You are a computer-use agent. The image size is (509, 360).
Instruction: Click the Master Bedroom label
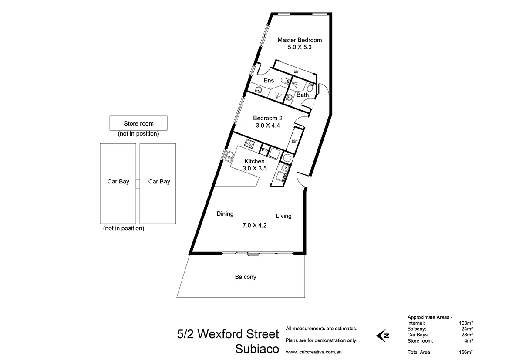pos(300,40)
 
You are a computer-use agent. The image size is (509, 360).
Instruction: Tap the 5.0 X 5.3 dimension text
pos(300,48)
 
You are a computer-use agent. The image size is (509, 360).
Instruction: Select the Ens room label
pos(269,81)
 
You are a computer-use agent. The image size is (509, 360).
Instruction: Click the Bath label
pos(303,95)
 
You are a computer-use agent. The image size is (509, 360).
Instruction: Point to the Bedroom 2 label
pos(268,118)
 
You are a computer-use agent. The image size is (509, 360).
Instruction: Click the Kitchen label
pos(254,161)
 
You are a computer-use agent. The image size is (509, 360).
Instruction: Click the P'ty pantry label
pos(264,151)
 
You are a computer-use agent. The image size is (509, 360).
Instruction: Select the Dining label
pos(225,214)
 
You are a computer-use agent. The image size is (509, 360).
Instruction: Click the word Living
pos(283,216)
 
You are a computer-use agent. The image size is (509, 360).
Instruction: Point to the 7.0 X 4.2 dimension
pos(254,225)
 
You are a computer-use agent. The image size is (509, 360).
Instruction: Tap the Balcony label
pos(246,277)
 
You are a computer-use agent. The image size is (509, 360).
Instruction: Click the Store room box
pos(138,124)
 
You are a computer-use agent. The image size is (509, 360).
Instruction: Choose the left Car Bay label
pos(118,182)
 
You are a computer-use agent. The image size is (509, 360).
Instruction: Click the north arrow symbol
pos(383,335)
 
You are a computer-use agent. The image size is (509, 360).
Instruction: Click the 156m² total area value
pos(466,352)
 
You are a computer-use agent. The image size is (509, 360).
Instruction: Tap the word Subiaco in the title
pos(257,349)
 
